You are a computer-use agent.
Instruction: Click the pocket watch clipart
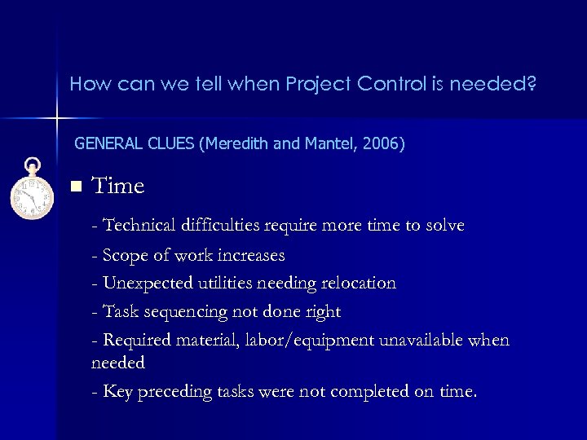coord(31,190)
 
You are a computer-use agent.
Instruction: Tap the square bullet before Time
coord(77,187)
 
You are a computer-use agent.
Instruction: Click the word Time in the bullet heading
coord(118,187)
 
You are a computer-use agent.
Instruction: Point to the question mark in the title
coord(532,83)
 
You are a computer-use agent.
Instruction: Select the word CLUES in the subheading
coord(169,144)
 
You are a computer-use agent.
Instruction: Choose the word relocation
coord(358,284)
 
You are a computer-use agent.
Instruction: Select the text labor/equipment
coord(311,340)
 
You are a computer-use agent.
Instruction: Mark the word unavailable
coord(418,340)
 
